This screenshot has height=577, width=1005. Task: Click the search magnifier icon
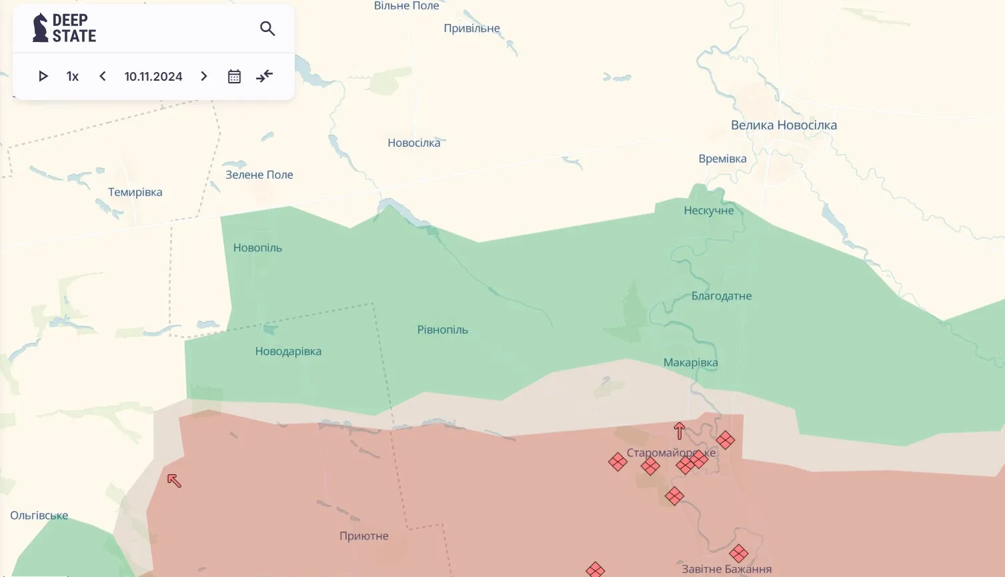[x=267, y=29]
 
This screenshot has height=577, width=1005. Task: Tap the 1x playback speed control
[x=73, y=77]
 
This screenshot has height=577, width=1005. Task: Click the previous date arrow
[x=103, y=77]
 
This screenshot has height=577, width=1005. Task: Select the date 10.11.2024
[x=153, y=77]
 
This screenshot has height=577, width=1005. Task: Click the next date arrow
[x=204, y=77]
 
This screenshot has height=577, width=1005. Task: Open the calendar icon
[x=234, y=77]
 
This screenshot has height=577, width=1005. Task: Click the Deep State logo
[x=65, y=28]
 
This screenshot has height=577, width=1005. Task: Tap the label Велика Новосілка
[x=784, y=125]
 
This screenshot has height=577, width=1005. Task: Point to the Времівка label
[x=722, y=159]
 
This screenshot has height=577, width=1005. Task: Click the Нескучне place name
[x=708, y=211]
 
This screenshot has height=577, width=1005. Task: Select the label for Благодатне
[x=722, y=296]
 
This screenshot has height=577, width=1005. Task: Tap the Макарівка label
[x=690, y=363]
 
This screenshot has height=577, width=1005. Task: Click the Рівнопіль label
[x=443, y=330]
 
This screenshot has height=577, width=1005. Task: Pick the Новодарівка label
[x=288, y=352]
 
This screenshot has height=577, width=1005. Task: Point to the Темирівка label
[x=135, y=193]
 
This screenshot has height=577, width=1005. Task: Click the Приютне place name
[x=364, y=536]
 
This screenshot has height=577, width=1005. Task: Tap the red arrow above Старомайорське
[x=679, y=431]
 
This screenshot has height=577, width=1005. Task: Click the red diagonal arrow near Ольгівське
[x=174, y=480]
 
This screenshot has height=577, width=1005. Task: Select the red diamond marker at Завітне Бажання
[x=738, y=553]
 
